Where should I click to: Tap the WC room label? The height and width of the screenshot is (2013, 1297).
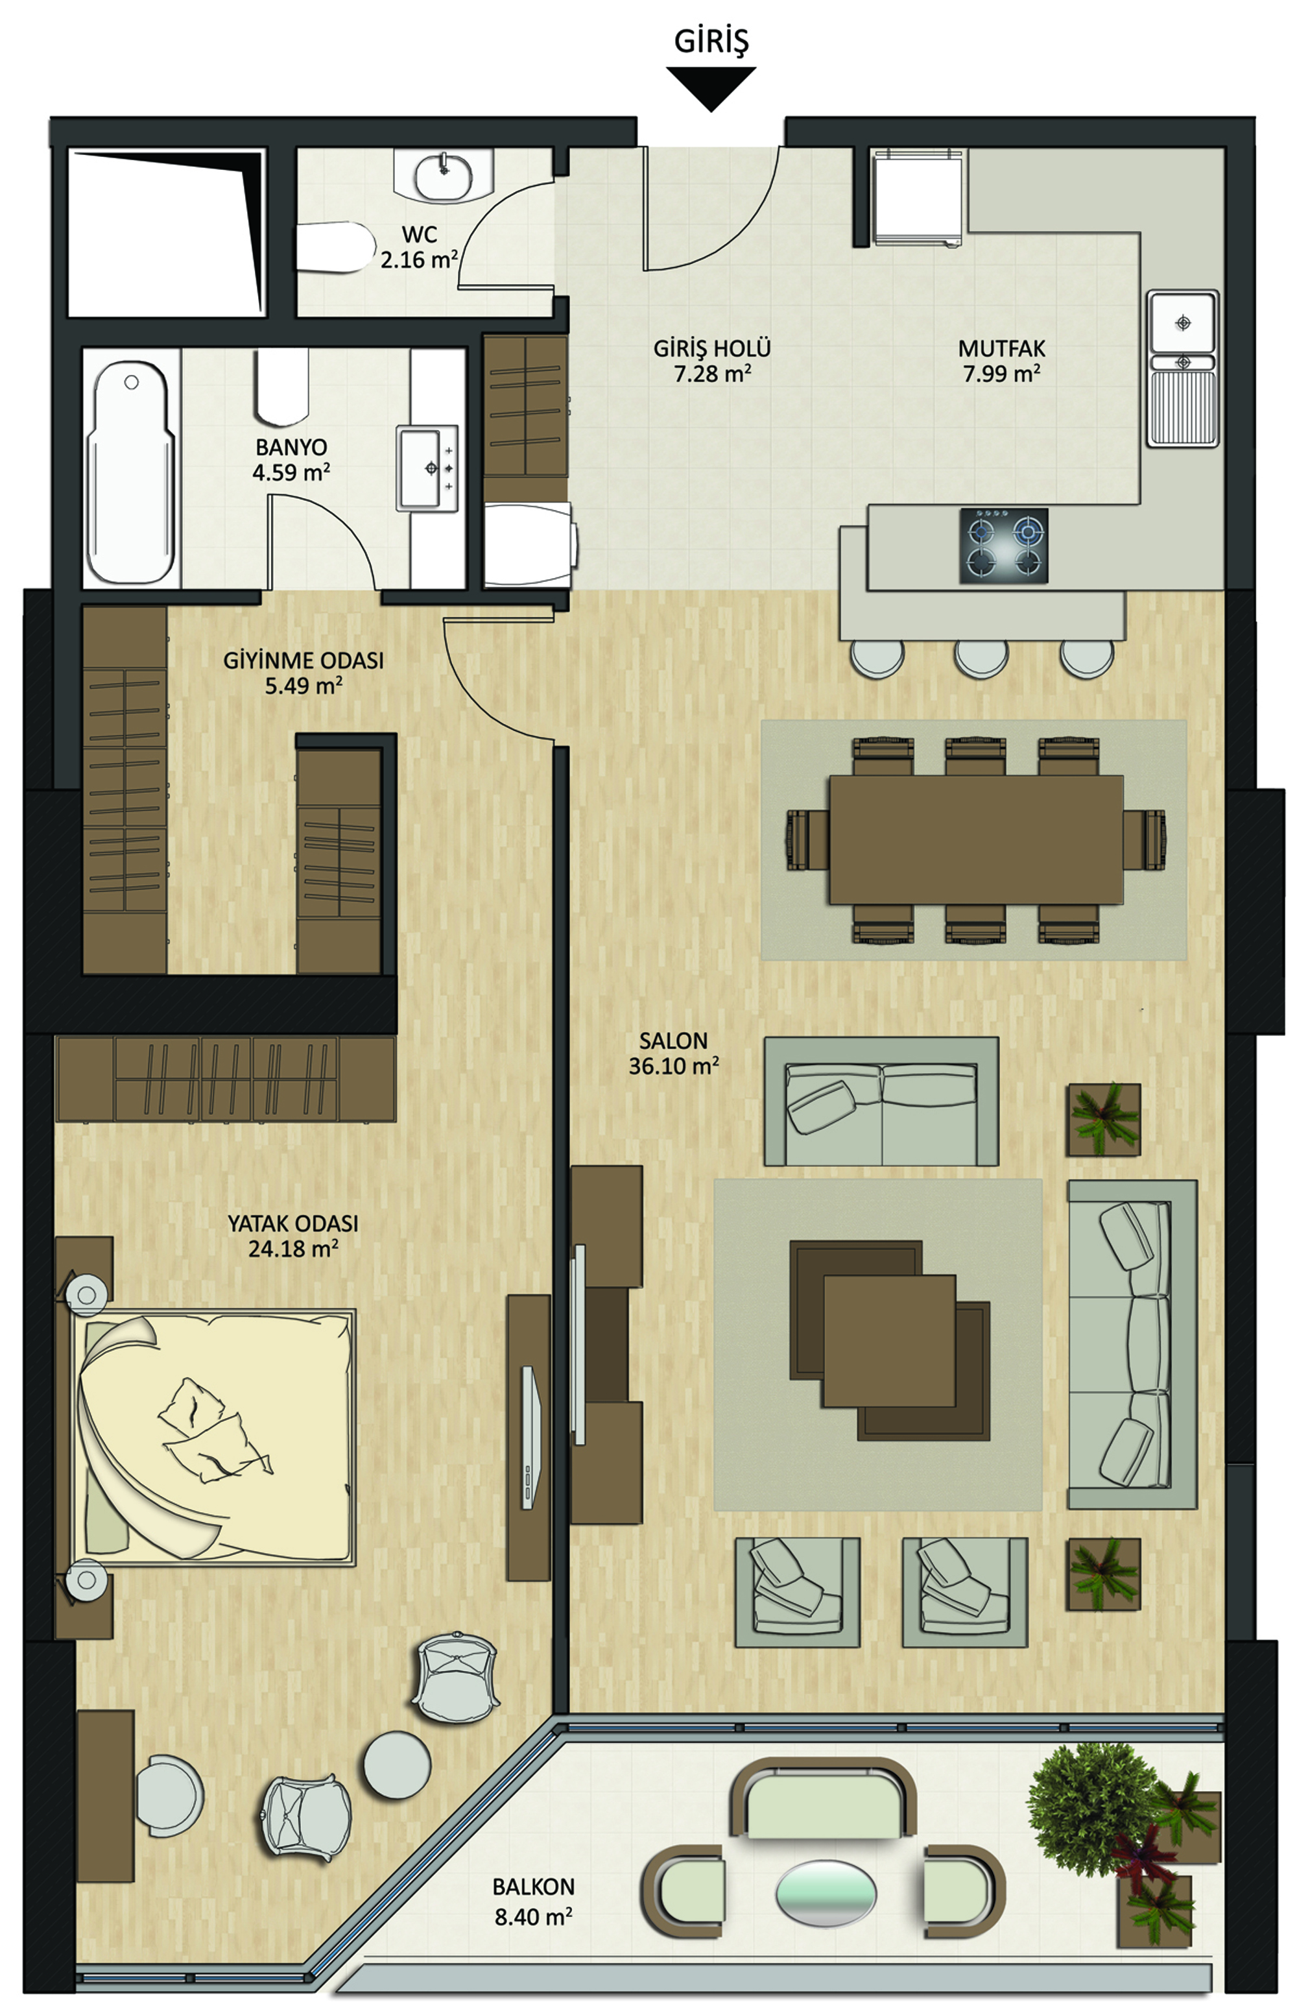[x=418, y=235]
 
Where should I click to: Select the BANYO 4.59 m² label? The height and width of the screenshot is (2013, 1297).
[x=291, y=460]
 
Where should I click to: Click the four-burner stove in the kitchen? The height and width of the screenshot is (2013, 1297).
[x=1004, y=545]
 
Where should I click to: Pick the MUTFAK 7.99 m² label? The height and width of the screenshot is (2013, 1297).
[x=1001, y=361]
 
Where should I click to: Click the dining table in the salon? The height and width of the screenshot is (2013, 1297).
[x=976, y=839]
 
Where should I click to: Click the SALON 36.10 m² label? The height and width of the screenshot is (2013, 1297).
[x=674, y=1054]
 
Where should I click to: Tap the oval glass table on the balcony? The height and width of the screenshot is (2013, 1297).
[x=826, y=1892]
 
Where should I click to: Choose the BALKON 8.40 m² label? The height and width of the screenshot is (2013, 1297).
[x=533, y=1902]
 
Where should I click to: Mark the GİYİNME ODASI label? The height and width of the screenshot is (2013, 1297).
[x=303, y=661]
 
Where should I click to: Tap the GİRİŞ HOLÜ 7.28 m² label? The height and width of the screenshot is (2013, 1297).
[x=711, y=361]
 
